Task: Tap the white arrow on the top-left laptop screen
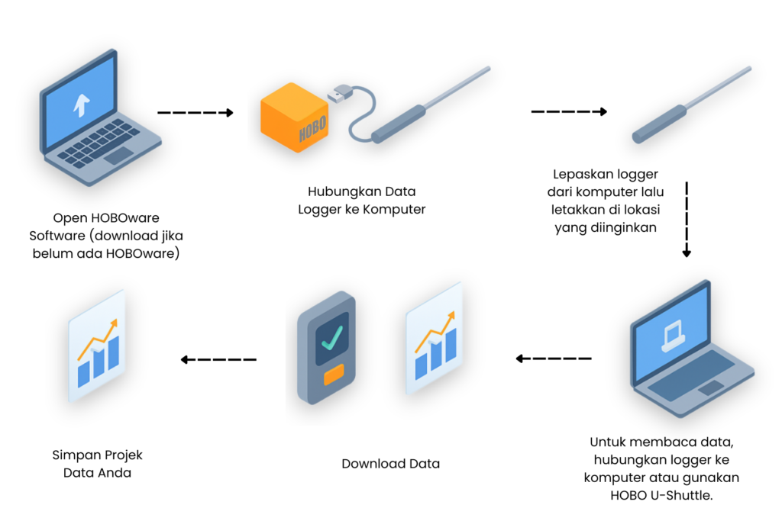[x=79, y=105]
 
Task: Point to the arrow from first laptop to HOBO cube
[x=195, y=113]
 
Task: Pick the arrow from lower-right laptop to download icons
[x=554, y=358]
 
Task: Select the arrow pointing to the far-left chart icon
[x=218, y=359]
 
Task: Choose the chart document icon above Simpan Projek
[x=97, y=354]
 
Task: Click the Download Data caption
[x=390, y=463]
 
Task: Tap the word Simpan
[x=75, y=455]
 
